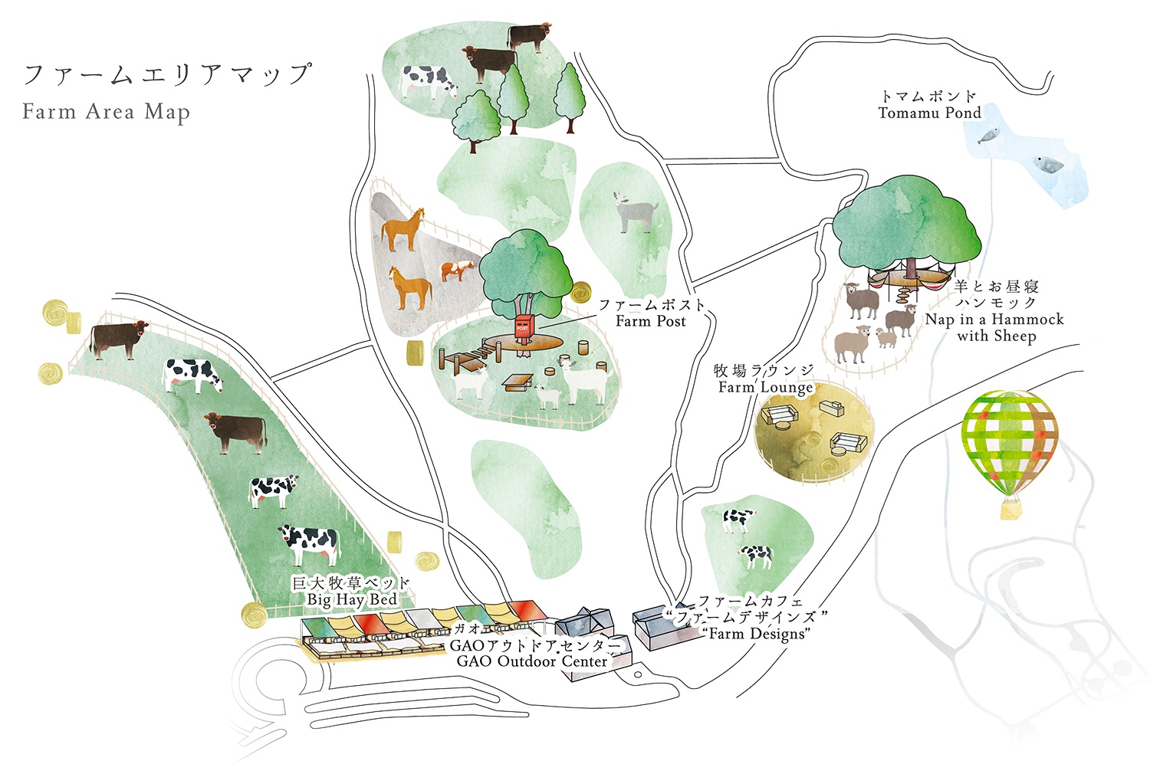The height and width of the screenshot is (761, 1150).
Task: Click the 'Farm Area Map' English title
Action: pos(106,112)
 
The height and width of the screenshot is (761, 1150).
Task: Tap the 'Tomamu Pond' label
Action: pos(929,113)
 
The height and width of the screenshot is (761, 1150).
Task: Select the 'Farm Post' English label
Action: pos(650,321)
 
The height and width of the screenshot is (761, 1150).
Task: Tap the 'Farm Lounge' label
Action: pos(765,387)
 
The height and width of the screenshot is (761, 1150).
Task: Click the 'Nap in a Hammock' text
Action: pos(994,319)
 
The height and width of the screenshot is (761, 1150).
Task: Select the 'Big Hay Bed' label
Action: pos(352,599)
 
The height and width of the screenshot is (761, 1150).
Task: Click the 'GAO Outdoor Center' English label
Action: pos(532,661)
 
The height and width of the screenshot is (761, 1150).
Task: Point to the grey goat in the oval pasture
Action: pos(635,212)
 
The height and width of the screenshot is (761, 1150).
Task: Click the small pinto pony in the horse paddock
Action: pos(456,270)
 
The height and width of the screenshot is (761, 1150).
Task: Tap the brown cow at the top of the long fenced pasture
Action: pos(117,339)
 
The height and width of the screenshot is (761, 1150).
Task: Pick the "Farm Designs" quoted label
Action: pos(756,634)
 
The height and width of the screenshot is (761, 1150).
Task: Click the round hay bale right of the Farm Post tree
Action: pos(581,292)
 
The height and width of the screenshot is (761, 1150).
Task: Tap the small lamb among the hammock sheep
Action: pos(887,337)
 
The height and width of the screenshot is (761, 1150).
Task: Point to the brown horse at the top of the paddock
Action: pos(402,228)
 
